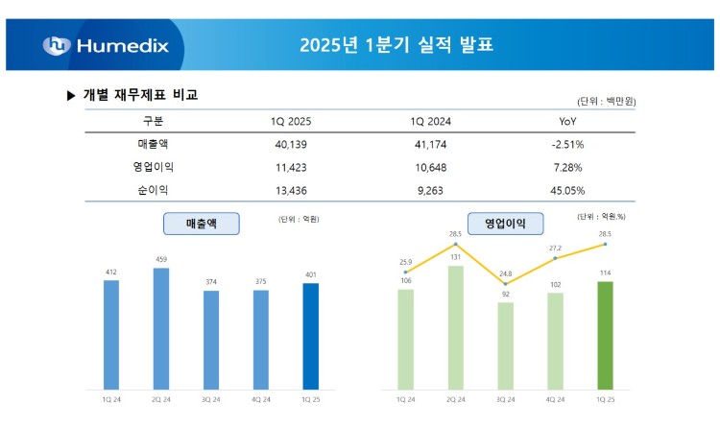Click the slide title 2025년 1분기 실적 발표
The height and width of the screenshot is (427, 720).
point(396,45)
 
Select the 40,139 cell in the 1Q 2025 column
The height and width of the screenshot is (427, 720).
point(290,144)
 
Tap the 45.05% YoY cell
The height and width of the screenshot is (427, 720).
point(566,190)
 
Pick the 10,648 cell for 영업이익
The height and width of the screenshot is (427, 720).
point(430,167)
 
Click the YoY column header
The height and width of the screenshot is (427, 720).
point(566,122)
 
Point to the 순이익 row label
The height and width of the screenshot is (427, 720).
point(153,190)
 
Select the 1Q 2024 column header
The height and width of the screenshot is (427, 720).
point(430,122)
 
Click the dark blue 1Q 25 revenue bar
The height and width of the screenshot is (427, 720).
point(310,335)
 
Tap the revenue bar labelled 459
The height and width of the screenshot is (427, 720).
point(161,327)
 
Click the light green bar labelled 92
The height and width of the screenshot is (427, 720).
point(505,344)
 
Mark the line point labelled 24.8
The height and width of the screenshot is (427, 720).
point(505,284)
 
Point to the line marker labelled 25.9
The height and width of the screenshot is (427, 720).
point(405,273)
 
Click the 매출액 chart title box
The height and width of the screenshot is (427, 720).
point(202,224)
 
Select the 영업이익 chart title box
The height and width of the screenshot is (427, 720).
point(505,224)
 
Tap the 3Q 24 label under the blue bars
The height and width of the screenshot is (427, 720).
point(210,398)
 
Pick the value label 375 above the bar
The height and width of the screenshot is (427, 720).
point(260,281)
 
